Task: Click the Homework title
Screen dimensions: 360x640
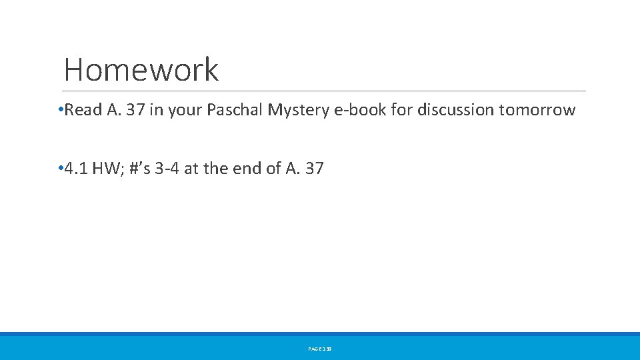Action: click(141, 69)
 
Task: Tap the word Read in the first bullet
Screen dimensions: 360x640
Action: click(83, 110)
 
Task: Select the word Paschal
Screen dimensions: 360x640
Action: click(235, 110)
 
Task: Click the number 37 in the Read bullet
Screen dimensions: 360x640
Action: click(135, 110)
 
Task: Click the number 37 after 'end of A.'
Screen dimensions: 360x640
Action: click(313, 169)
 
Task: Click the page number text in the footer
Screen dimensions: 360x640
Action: click(320, 349)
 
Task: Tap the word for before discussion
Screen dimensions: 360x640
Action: click(402, 110)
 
